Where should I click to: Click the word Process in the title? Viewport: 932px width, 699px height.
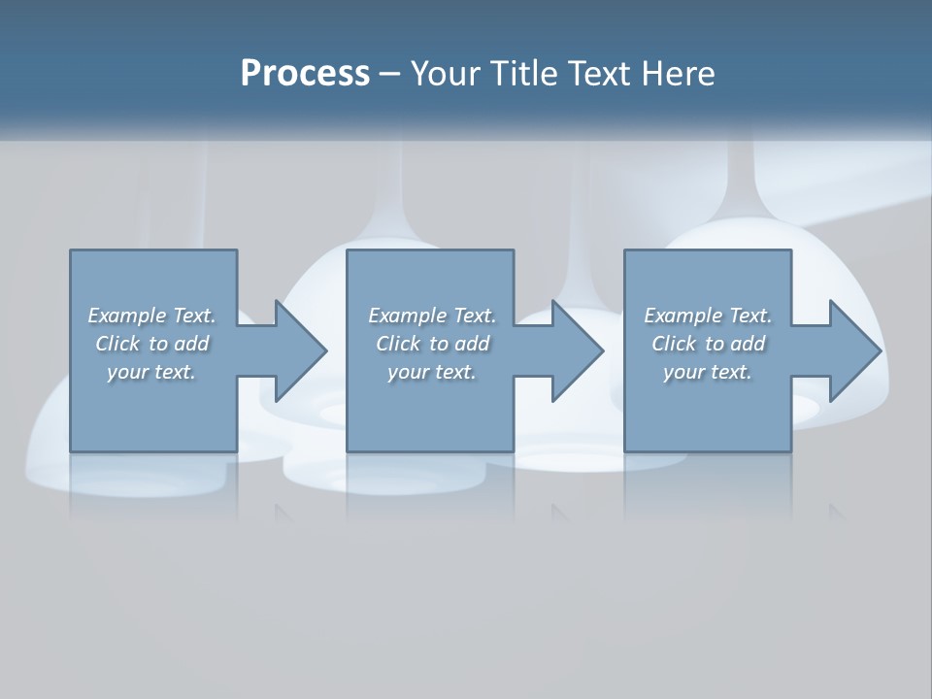coord(305,74)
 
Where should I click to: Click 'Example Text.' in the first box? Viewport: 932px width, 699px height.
coord(151,316)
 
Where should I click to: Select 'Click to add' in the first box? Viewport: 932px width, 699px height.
coord(152,344)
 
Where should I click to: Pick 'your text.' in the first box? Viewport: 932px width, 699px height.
coord(151,372)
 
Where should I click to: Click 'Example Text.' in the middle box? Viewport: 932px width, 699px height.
coord(432,316)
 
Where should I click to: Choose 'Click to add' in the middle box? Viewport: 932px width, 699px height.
coord(433,344)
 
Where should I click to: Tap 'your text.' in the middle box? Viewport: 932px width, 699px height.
coord(432,372)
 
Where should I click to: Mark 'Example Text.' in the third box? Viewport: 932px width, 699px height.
coord(708,316)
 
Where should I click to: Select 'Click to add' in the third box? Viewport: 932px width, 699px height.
coord(709,344)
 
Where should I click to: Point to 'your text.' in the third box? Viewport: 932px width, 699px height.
coord(708,372)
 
